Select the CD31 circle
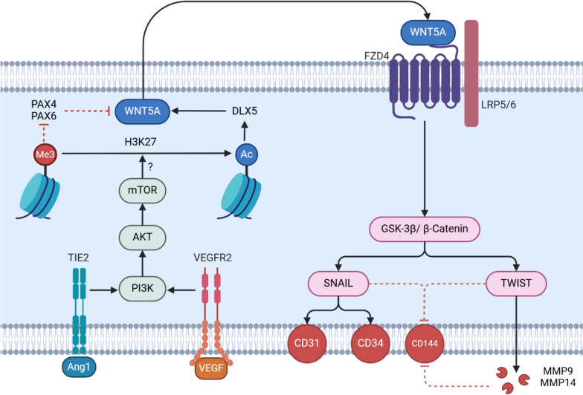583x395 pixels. pyautogui.click(x=309, y=344)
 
